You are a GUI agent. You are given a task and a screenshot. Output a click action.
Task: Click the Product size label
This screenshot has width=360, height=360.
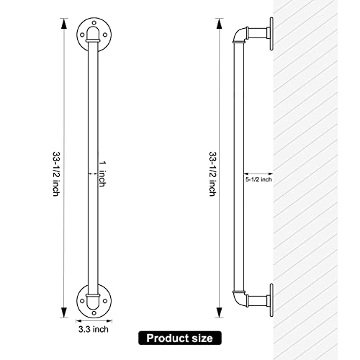tap(180, 338)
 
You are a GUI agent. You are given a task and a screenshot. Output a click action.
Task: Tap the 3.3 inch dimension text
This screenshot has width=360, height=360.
tap(94, 329)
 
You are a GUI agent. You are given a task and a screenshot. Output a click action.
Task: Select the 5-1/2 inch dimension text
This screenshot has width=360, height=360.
tap(258, 179)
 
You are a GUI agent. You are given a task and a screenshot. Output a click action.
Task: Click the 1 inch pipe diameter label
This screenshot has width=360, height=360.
tap(102, 174)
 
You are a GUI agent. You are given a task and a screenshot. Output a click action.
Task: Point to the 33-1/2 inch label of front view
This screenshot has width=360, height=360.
tap(56, 174)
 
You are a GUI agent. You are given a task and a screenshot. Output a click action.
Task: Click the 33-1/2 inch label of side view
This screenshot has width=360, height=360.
tap(212, 174)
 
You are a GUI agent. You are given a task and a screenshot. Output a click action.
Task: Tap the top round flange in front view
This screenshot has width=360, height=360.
tap(94, 35)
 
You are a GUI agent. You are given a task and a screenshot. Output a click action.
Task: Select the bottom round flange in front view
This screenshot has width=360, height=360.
tap(94, 301)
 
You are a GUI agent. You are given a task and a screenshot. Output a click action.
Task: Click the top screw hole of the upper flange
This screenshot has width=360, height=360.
tap(94, 23)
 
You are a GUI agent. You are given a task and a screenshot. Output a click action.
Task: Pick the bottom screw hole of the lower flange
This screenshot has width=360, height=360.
tap(94, 312)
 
